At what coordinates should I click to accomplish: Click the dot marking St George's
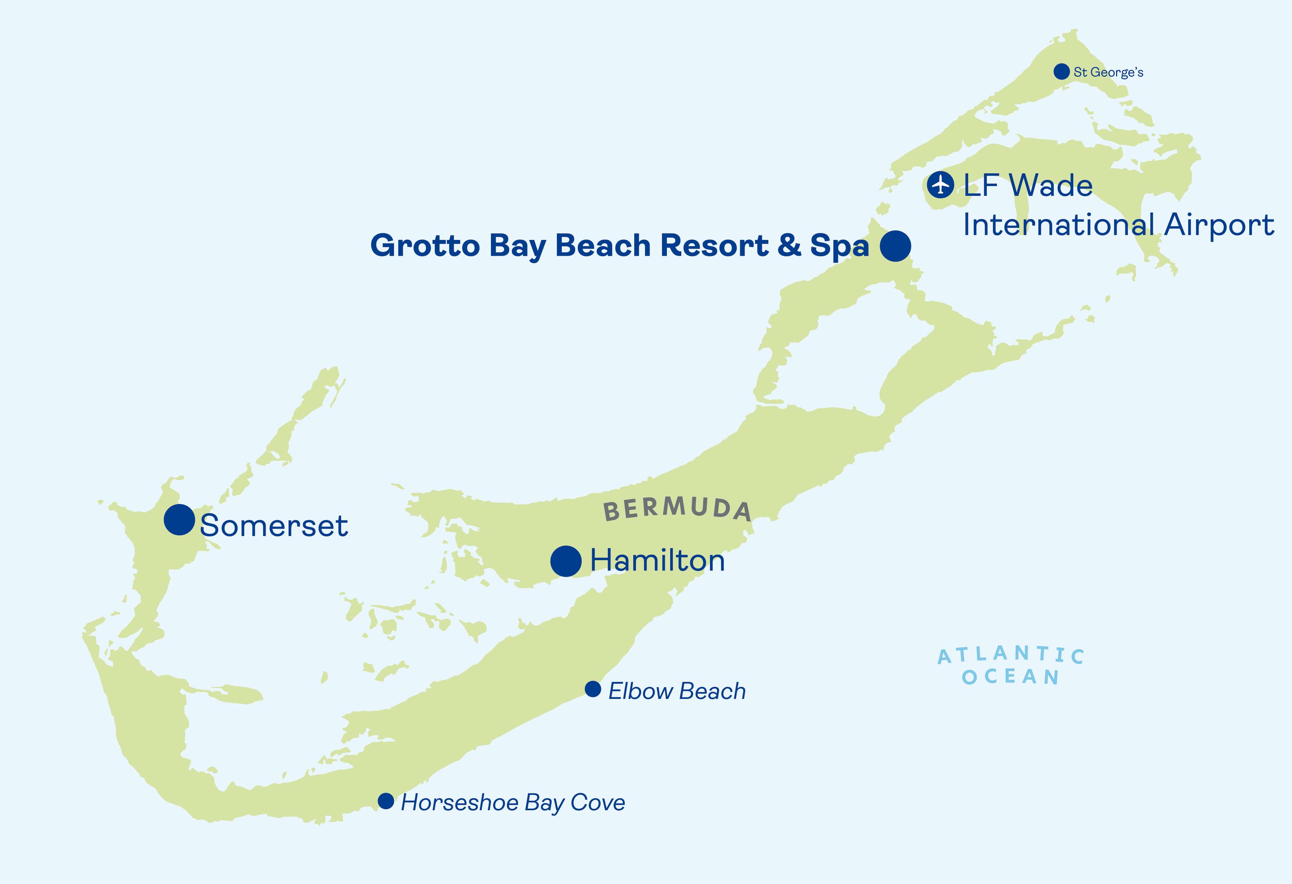click(x=1061, y=71)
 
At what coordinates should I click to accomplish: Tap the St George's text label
click(x=1108, y=72)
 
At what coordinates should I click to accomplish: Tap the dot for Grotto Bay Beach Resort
click(x=895, y=246)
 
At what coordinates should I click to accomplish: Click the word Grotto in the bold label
click(x=425, y=246)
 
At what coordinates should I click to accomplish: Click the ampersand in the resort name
click(x=789, y=246)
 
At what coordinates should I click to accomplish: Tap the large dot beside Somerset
click(x=179, y=520)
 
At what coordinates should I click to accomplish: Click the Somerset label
click(x=274, y=526)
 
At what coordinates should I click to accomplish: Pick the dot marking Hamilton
click(x=566, y=561)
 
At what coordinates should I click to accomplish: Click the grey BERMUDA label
click(x=677, y=509)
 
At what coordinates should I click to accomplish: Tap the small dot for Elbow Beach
click(x=593, y=689)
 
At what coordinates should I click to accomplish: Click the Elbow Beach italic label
click(x=677, y=691)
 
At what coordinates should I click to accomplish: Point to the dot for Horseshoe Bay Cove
click(x=386, y=801)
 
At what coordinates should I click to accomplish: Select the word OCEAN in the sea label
click(x=1010, y=677)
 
